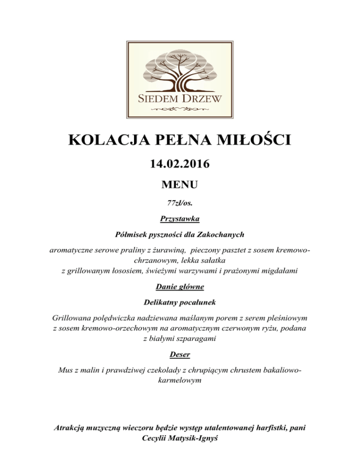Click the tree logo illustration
click(x=180, y=70)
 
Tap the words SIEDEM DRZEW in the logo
click(x=180, y=98)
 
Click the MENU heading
click(x=180, y=185)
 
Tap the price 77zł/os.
click(x=180, y=204)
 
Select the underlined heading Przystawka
click(x=180, y=218)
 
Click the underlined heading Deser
click(x=180, y=356)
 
